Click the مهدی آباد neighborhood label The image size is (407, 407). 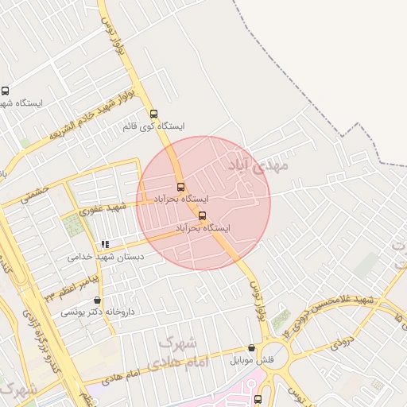coord(259,165)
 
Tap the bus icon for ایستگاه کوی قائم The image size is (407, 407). coord(153,113)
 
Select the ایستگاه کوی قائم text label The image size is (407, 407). coord(154,126)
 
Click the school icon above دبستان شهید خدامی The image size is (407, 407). coord(104,244)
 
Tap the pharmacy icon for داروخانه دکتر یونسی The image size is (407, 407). coord(97,300)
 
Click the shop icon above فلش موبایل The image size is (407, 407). coord(252,347)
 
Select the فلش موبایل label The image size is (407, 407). coord(252,360)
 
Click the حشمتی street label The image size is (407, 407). coord(35,193)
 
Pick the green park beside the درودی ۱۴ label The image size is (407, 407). coord(281,322)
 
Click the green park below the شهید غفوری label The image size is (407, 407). coord(72,226)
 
